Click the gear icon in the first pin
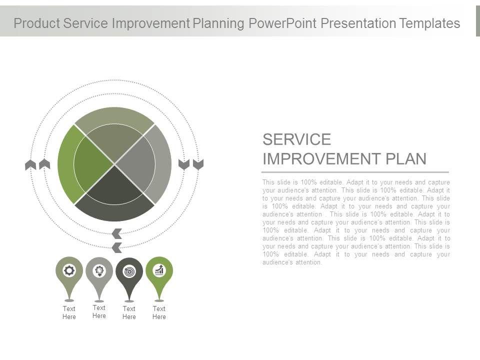[69, 270]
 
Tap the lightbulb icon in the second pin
[99, 271]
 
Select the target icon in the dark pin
[129, 271]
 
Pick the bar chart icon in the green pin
[159, 270]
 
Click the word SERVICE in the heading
[296, 139]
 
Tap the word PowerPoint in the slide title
[282, 23]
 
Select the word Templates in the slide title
[429, 23]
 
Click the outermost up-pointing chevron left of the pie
[30, 164]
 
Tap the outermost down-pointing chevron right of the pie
[198, 164]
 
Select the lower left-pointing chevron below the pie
[116, 247]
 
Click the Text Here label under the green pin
[159, 312]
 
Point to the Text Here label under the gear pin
[69, 312]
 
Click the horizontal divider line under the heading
[355, 172]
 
